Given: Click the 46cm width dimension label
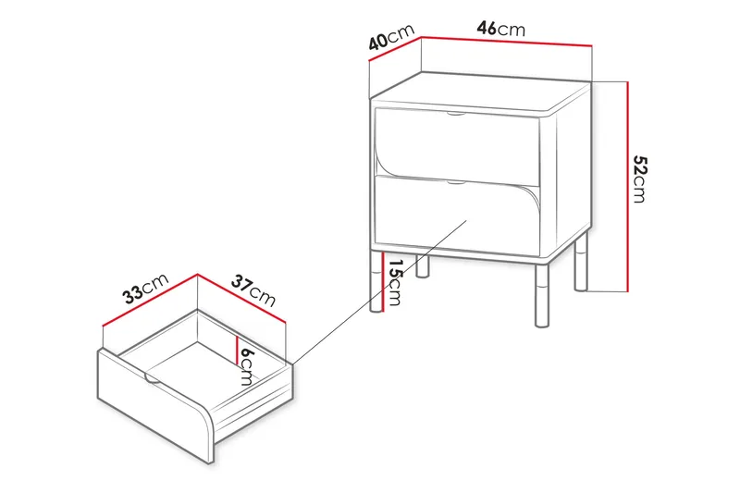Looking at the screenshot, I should click(500, 29).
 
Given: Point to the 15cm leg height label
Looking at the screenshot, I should click(395, 283).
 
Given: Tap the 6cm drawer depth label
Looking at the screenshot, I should click(246, 370).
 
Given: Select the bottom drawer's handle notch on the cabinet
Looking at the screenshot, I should click(456, 183).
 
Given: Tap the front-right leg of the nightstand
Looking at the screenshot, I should click(541, 296).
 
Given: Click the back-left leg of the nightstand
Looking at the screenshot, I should click(423, 266).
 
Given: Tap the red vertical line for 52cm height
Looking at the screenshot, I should click(629, 185).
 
